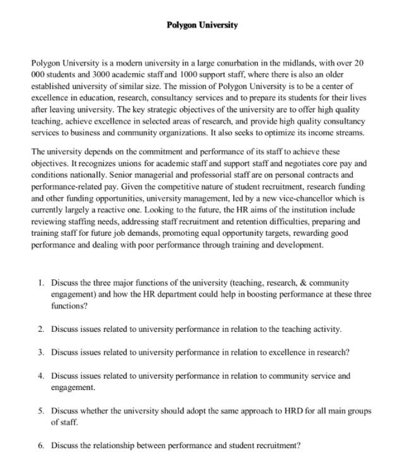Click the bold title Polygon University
pos(202,25)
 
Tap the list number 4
pos(41,376)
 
